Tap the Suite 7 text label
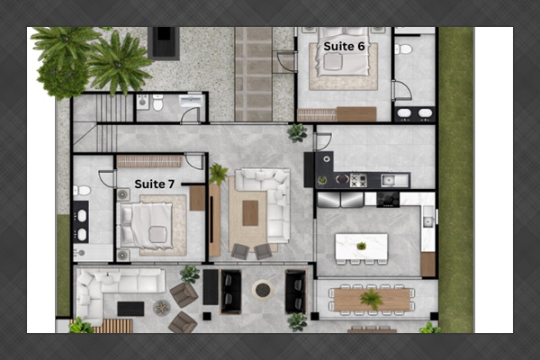[x=155, y=184]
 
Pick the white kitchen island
[x=361, y=247]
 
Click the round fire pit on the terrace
[x=262, y=289]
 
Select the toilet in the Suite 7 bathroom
[x=81, y=191]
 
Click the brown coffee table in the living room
[x=249, y=212]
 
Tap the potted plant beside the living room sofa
[x=218, y=172]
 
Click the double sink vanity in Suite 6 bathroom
[x=414, y=113]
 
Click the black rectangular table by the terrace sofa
[x=130, y=308]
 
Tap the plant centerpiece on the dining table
[x=370, y=298]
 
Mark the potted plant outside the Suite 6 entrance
[x=296, y=132]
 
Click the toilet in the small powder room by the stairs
[x=157, y=103]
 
